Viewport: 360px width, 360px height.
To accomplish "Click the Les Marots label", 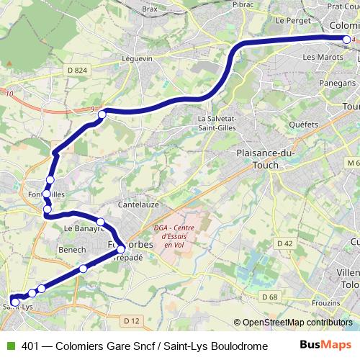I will [320, 56].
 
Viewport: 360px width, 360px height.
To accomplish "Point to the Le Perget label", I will [292, 21].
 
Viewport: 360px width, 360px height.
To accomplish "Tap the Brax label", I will [150, 9].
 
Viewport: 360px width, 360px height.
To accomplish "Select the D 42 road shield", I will [285, 244].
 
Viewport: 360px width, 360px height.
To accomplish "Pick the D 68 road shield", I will [269, 297].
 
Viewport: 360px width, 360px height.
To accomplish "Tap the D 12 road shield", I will [131, 320].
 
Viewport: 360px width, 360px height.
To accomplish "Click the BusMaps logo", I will [326, 345].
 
